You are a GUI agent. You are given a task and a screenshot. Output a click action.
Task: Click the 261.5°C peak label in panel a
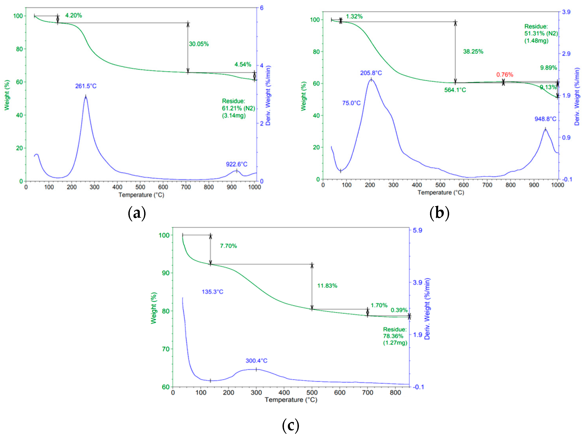coord(86,86)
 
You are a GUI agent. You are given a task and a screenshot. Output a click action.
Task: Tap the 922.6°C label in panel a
coord(236,164)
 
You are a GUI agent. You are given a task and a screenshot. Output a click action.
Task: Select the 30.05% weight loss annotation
coord(199,44)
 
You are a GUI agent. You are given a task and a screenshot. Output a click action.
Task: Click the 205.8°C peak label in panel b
coord(371,73)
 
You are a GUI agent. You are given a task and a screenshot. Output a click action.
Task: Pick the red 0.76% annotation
coord(504,75)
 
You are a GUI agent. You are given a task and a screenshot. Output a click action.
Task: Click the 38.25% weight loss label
coord(473,52)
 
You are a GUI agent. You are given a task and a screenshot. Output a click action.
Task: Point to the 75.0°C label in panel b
coord(351,103)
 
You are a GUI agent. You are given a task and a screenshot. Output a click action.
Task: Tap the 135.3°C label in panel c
coord(212,292)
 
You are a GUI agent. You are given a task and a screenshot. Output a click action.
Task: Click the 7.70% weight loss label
coord(228,246)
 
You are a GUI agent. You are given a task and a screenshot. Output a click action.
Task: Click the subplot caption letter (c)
coord(290,425)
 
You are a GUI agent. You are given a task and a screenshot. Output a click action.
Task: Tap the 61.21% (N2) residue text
coord(238,108)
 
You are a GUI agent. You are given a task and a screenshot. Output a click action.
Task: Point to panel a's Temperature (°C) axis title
coord(141,195)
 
